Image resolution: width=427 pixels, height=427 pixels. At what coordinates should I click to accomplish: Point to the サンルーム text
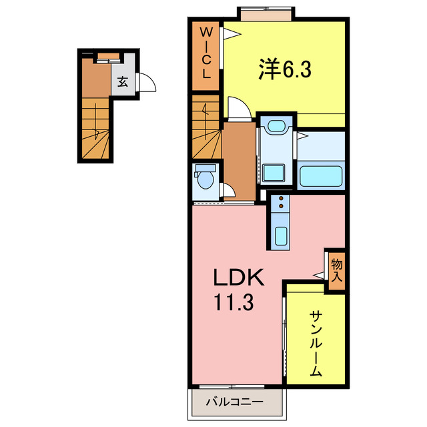point(316,344)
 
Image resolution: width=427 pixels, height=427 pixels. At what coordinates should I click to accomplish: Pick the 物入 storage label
point(336,269)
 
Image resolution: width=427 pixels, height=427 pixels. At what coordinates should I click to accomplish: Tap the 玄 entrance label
point(123,82)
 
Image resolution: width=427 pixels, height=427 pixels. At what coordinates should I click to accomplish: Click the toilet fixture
point(205,179)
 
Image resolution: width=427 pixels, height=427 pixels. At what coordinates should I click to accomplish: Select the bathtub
point(322,175)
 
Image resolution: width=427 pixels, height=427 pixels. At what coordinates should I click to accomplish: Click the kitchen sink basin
point(282,236)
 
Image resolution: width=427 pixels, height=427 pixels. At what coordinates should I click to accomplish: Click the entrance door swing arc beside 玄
point(147,83)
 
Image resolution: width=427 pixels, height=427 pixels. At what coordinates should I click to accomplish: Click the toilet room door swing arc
point(229,191)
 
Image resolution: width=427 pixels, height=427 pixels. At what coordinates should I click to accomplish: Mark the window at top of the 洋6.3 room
point(266,15)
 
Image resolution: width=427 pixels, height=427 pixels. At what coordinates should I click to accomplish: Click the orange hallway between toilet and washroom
point(239,160)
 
